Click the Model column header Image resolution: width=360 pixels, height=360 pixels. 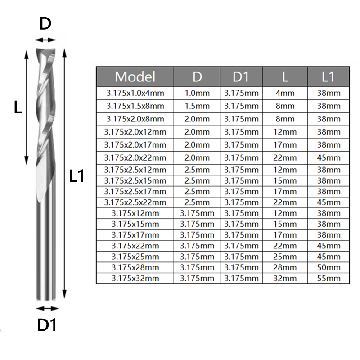pos(135,76)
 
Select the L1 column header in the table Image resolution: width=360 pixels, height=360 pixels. pos(328,76)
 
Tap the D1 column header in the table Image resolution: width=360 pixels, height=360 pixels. pos(241,76)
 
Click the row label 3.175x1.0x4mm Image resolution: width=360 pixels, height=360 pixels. pos(135,93)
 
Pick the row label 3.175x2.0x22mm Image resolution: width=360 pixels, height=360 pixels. pos(135,158)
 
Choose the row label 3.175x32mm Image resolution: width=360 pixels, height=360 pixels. pos(135,279)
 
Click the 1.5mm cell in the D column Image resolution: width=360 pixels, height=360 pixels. pos(197,106)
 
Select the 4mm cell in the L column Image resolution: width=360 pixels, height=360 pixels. pos(285,93)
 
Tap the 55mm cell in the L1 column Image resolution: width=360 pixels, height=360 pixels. pos(328,279)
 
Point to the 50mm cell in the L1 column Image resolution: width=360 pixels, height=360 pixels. pos(328,267)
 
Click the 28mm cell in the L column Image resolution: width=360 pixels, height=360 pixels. pos(285,267)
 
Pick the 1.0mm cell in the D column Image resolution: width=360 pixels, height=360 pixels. pos(197,93)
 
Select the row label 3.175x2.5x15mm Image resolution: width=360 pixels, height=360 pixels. pos(135,181)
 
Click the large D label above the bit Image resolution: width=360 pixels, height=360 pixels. pos(45,24)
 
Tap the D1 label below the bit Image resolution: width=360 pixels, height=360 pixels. pos(47,325)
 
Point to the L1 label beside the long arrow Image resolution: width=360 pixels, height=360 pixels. pos(77,176)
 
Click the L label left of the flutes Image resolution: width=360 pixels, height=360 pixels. pos(18,107)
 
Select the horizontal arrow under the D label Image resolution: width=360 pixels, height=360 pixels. pos(45,40)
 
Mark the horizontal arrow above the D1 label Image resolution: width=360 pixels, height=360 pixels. pos(47,308)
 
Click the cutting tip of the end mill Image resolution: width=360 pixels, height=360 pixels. pos(45,49)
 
